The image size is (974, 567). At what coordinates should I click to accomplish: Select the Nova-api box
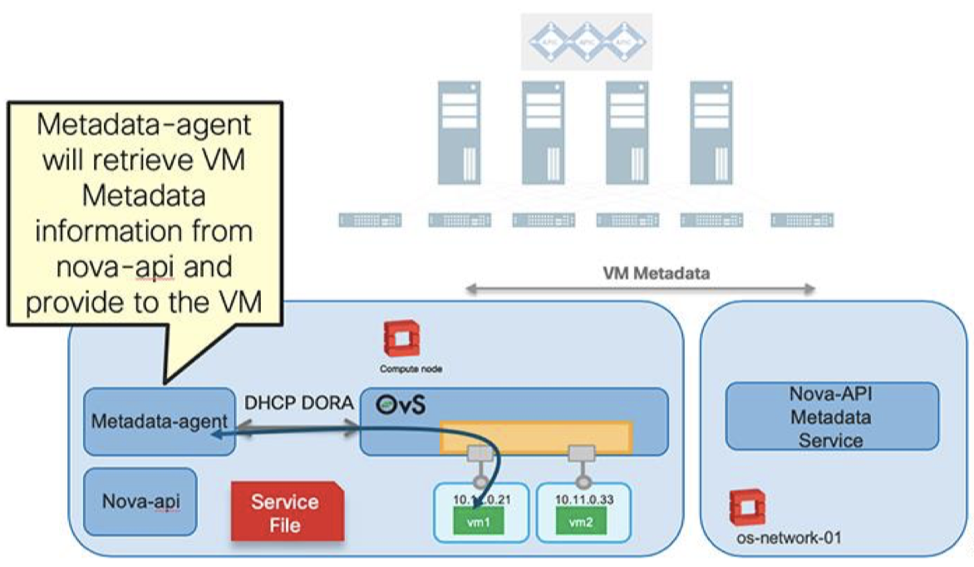click(140, 501)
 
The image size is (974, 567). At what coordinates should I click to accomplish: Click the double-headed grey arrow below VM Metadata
click(640, 289)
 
